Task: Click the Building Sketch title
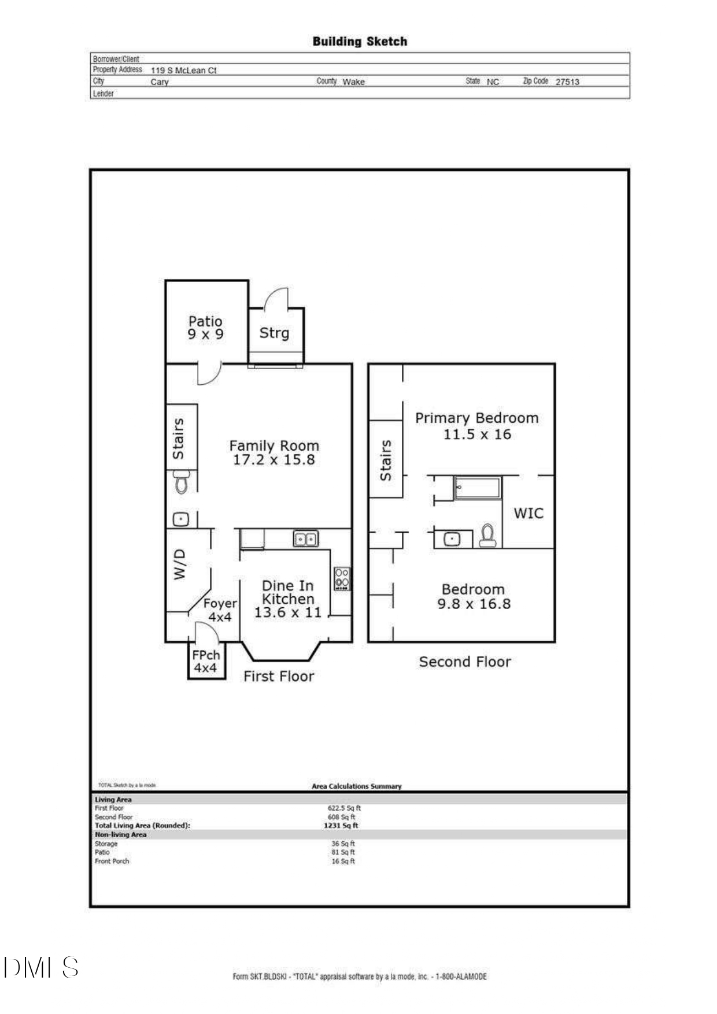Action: click(359, 42)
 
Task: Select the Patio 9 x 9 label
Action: click(205, 328)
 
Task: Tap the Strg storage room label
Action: click(274, 333)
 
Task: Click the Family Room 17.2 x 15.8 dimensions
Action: click(274, 460)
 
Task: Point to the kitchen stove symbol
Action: click(341, 578)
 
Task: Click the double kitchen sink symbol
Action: click(305, 539)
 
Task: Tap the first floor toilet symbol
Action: click(182, 481)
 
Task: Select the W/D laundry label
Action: click(180, 564)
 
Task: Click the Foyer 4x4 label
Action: click(220, 610)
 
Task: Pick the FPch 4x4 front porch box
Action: click(206, 662)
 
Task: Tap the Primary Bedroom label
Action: click(476, 418)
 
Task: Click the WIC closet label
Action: click(528, 513)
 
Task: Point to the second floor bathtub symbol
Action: click(477, 488)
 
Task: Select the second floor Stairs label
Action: click(386, 460)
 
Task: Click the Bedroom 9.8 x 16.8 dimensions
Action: click(474, 604)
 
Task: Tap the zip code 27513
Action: click(567, 82)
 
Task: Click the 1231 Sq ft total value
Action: click(341, 826)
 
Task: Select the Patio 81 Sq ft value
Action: click(343, 852)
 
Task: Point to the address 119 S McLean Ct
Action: click(183, 70)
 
